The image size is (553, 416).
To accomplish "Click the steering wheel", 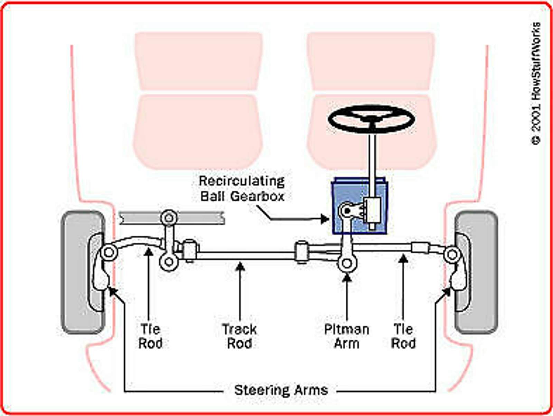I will pos(371,119).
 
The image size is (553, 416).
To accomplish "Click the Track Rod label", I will pos(239,336).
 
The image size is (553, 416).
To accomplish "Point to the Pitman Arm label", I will pos(347,336).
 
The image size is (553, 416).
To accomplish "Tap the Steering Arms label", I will pos(281,390).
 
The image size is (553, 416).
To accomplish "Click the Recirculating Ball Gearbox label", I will pos(242,188).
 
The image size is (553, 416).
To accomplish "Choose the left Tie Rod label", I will pos(150,336).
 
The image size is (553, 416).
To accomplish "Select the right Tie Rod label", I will pos(403,336).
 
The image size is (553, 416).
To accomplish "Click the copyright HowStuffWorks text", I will pos(536,83).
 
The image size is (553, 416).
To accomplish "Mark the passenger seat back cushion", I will pos(198,61).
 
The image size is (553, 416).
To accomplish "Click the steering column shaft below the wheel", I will pos(372,162).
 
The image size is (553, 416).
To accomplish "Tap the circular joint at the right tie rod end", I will pos(451,255).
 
